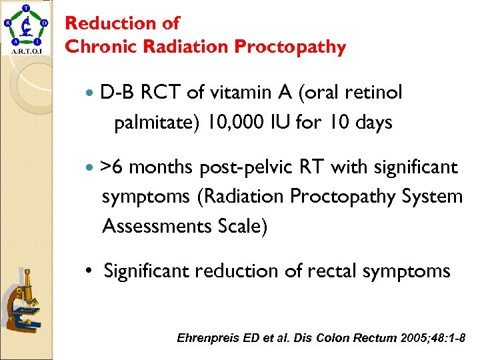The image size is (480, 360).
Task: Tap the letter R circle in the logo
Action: (7, 23)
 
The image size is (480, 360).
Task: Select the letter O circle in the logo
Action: (44, 22)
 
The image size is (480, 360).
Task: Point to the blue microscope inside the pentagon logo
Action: (26, 27)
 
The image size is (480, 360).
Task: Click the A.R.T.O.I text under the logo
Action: (26, 50)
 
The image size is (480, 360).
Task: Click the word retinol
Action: (373, 93)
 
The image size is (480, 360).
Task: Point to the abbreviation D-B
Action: (118, 93)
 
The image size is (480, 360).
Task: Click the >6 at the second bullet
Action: (111, 167)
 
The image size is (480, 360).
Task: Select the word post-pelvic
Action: (245, 167)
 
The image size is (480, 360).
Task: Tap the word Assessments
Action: (157, 226)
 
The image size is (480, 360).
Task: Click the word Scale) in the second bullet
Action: (243, 226)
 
